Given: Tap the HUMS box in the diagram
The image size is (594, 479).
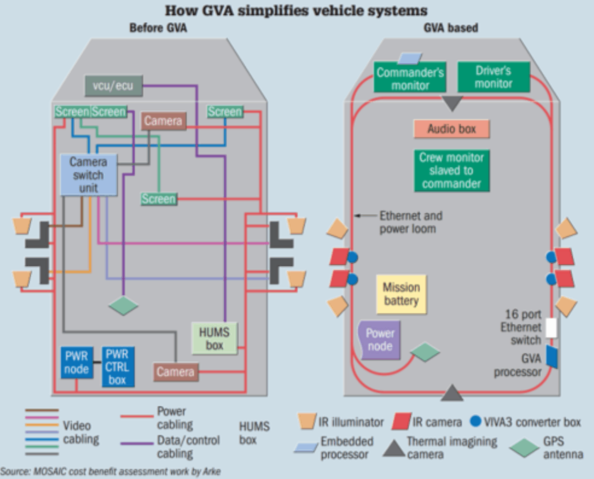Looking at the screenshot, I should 214,338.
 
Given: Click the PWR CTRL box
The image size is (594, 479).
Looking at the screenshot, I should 118,367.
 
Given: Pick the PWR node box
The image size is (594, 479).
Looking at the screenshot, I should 76,363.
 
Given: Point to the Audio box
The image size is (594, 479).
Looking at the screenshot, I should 451,129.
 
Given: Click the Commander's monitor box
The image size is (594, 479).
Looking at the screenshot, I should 410,78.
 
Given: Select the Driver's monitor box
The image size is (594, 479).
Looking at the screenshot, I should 493,77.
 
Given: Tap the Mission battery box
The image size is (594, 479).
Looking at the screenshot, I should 401,294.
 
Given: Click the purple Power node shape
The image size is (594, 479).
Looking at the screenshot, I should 380,339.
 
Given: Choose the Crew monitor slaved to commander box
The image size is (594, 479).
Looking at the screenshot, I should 451,171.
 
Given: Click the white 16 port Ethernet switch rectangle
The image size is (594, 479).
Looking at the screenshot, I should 551,328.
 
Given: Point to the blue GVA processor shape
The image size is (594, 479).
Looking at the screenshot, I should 552,357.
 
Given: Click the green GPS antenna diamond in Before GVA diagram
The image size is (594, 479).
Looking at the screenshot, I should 123,306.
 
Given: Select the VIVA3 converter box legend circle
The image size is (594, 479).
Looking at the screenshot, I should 475,422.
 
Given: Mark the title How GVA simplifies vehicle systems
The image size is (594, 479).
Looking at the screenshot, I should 296,10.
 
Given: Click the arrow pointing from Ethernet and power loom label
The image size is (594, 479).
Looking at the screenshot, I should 365,216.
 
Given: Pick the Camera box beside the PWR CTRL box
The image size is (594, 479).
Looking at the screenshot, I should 176,372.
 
